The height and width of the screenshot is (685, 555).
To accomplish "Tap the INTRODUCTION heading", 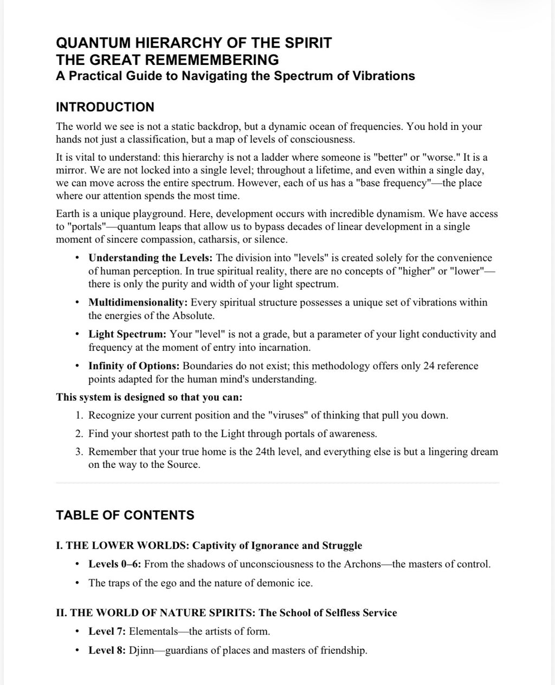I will [x=105, y=107].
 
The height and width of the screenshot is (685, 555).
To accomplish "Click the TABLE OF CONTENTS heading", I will [x=125, y=515].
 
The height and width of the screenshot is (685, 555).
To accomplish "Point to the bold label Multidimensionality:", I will [x=138, y=302].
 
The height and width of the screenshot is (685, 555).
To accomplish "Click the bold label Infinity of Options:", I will [x=134, y=366].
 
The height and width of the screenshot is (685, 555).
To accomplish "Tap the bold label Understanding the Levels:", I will [x=150, y=258].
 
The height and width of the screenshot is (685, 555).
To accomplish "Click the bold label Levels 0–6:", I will [x=115, y=564].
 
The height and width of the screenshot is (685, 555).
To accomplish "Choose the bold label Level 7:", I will [x=107, y=631].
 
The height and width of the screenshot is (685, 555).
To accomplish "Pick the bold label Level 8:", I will [x=107, y=650].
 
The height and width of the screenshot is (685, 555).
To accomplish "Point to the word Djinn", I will [x=141, y=650].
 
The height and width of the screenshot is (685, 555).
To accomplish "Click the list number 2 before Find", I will [x=79, y=433].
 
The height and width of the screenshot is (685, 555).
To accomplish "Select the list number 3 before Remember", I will [x=79, y=452].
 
